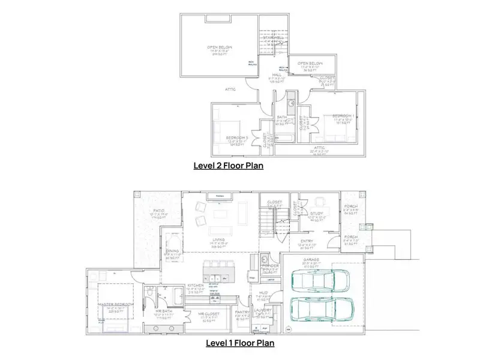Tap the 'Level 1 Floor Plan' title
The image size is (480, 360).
[x=241, y=343]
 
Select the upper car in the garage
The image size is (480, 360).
[x=313, y=280]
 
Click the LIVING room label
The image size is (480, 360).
[x=219, y=239]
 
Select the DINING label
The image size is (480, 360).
[x=172, y=251]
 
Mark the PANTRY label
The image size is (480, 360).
[x=242, y=312]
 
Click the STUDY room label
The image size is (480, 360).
[x=317, y=213]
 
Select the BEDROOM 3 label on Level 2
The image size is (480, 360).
[x=237, y=137]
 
